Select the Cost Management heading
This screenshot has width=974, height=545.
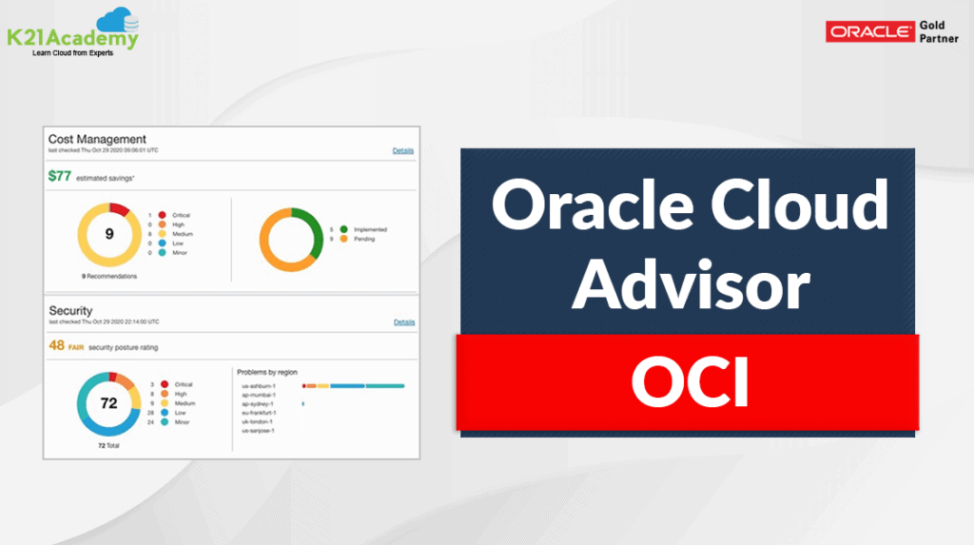[x=97, y=139]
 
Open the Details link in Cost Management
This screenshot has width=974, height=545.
[x=403, y=150]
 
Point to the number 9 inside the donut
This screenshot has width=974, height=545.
[x=109, y=232]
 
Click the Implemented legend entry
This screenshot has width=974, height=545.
[x=369, y=229]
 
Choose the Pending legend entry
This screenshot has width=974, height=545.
[x=363, y=239]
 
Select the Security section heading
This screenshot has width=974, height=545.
[x=70, y=311]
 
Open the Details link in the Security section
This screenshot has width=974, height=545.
[x=403, y=322]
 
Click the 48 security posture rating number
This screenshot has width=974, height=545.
[x=57, y=346]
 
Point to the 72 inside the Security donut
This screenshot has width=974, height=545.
[x=109, y=403]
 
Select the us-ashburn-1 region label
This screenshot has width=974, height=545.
[x=260, y=385]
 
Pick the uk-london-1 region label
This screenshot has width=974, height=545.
[x=259, y=421]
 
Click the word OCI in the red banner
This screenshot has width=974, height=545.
[x=690, y=383]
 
